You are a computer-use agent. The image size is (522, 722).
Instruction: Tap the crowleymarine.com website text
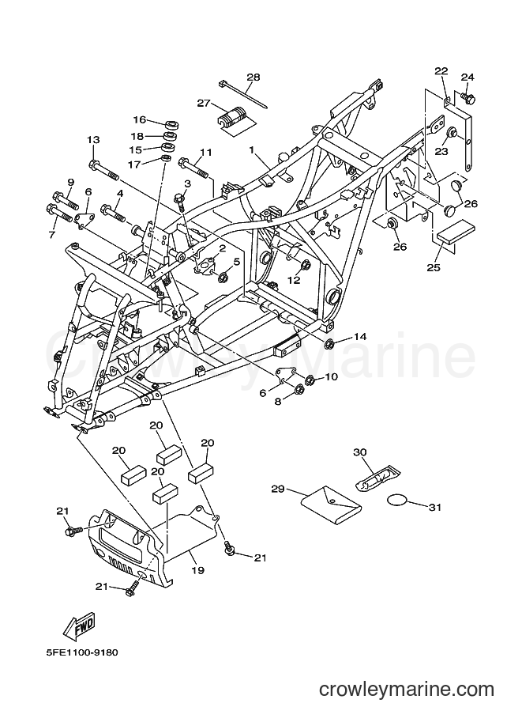pos(407,690)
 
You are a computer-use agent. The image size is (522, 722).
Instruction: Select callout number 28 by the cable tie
pos(253,77)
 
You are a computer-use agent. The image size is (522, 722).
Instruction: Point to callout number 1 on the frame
pos(252,149)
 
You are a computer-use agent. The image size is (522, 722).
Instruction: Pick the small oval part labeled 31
pos(396,500)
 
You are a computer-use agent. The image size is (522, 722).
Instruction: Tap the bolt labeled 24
pos(468,97)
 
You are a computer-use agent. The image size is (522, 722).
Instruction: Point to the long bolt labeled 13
pos(104,169)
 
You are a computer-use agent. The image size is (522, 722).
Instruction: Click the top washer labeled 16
pos(171,124)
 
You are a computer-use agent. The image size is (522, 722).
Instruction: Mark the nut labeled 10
pos(310,380)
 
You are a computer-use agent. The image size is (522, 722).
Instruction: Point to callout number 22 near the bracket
pos(441,70)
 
